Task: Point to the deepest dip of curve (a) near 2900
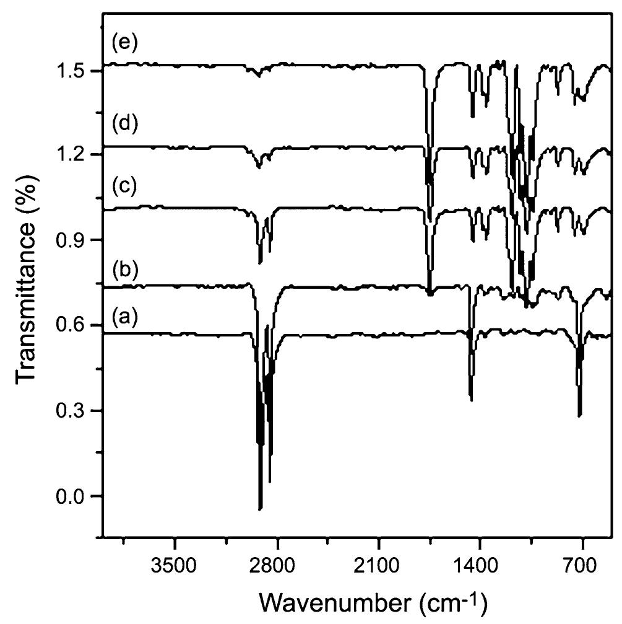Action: (x=261, y=509)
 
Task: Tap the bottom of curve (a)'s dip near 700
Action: (x=579, y=416)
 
